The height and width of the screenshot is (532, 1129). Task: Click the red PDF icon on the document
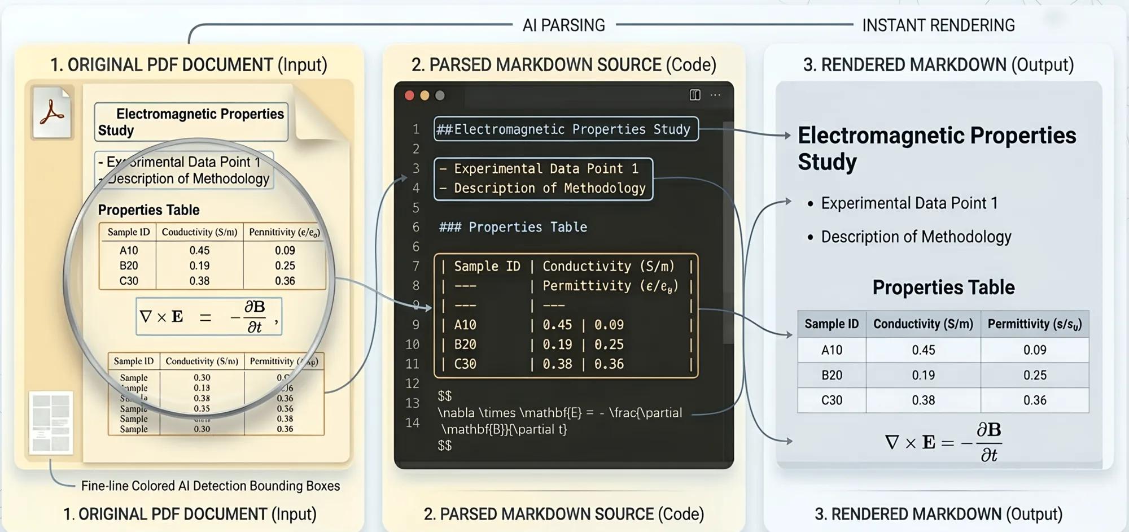[x=52, y=111]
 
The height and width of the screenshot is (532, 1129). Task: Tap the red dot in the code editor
[x=409, y=95]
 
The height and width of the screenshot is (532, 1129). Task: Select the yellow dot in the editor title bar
[x=425, y=95]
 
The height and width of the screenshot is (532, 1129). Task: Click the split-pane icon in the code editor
[x=695, y=95]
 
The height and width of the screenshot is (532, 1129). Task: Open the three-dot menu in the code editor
[x=715, y=95]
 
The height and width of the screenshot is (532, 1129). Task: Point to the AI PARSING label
[x=563, y=25]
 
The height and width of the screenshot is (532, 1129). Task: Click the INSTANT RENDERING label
[x=938, y=25]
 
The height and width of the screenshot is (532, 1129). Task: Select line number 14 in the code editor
[x=413, y=422]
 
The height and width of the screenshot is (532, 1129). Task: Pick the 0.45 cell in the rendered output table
[x=923, y=350]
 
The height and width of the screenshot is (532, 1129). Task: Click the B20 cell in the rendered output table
[x=831, y=375]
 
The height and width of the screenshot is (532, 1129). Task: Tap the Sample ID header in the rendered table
[x=831, y=324]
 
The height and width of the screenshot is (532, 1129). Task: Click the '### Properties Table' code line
[x=513, y=227]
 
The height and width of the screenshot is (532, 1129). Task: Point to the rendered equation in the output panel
[x=943, y=442]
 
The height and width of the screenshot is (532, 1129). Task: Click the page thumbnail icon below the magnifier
[x=51, y=422]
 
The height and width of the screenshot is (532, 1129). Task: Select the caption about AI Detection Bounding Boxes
[x=210, y=486]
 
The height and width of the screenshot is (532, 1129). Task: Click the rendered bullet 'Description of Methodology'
[x=916, y=237]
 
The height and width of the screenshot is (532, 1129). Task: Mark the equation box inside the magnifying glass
[x=209, y=317]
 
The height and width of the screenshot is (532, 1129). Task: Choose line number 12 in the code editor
[x=413, y=383]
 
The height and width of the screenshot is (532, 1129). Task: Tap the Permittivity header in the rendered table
[x=1034, y=324]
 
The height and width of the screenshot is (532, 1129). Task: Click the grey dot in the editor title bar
[x=440, y=95]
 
